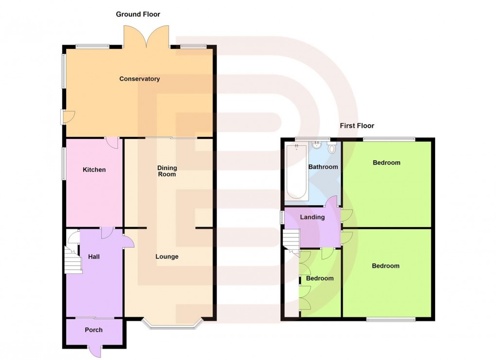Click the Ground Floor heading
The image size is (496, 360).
click(x=138, y=14)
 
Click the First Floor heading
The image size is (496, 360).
click(x=357, y=125)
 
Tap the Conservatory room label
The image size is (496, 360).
click(x=140, y=79)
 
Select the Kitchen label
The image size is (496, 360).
click(x=94, y=170)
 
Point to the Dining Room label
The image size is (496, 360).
click(x=166, y=171)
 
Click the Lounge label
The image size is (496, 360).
click(x=167, y=257)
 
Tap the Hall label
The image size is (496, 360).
click(x=94, y=257)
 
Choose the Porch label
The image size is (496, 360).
click(x=94, y=330)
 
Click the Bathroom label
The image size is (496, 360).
click(x=323, y=167)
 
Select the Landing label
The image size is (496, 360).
click(x=312, y=217)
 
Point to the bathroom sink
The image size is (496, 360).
click(x=317, y=144)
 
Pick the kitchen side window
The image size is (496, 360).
click(x=63, y=164)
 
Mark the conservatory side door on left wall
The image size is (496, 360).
click(x=66, y=117)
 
